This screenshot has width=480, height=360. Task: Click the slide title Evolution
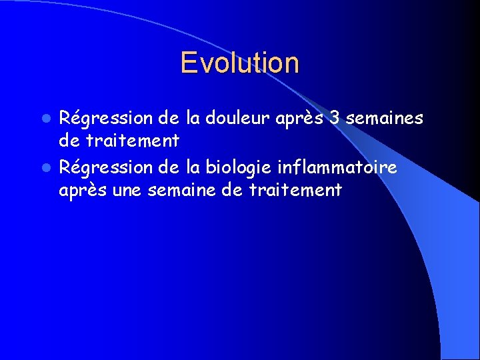[x=239, y=63]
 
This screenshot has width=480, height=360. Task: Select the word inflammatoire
[x=337, y=167]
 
